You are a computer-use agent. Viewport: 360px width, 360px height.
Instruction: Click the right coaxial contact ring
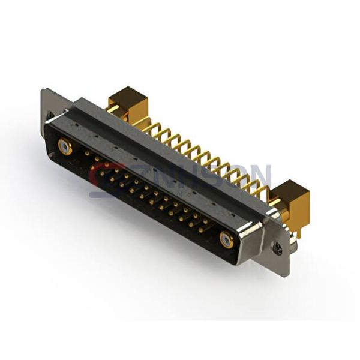(226, 240)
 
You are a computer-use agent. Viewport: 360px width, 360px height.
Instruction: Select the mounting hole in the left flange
(50, 114)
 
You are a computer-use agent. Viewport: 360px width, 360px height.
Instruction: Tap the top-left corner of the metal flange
(43, 91)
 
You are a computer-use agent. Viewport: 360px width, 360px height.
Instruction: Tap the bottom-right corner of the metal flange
(287, 273)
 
